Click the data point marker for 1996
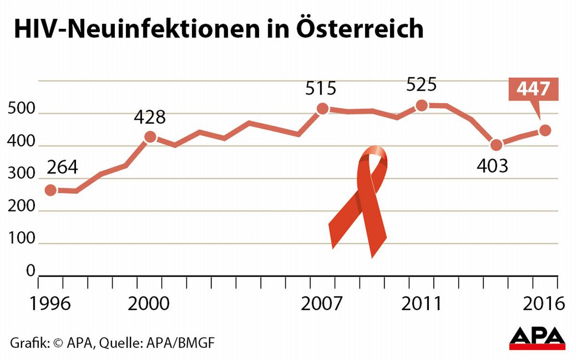pyautogui.click(x=50, y=190)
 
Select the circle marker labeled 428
pyautogui.click(x=151, y=137)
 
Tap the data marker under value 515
pyautogui.click(x=323, y=109)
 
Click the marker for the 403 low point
pyautogui.click(x=496, y=145)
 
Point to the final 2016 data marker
pyautogui.click(x=545, y=130)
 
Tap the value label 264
pyautogui.click(x=62, y=168)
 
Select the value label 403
pyautogui.click(x=492, y=166)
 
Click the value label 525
pyautogui.click(x=421, y=85)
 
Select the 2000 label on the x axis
pyautogui.click(x=150, y=305)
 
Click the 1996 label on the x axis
pyautogui.click(x=50, y=305)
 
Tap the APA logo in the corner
pyautogui.click(x=537, y=338)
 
